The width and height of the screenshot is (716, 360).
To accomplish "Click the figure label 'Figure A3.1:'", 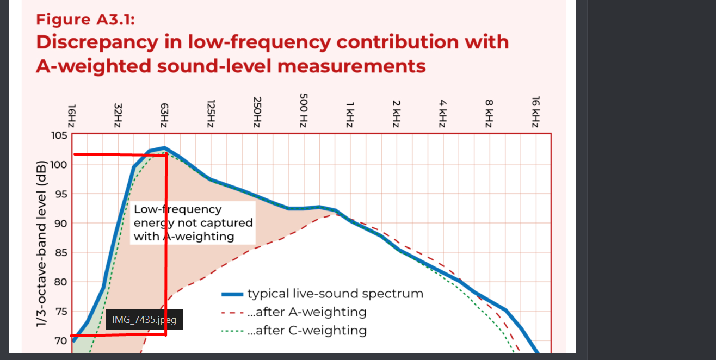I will [x=85, y=20].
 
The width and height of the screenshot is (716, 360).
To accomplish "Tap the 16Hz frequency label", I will [x=72, y=116].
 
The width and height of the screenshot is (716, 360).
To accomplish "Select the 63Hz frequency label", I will [x=164, y=116].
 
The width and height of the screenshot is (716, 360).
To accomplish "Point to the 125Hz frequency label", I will [x=211, y=113].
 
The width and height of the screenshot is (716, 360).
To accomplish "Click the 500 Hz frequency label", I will [x=304, y=111].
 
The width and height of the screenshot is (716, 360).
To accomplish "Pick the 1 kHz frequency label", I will [x=350, y=114].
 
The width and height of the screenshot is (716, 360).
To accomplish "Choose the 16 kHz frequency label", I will [x=535, y=112].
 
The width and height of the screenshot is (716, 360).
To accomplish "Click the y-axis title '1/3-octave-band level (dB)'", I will [x=41, y=244].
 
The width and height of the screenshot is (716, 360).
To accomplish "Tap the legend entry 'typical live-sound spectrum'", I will [x=335, y=294].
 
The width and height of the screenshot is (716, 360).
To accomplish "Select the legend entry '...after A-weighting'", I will [x=306, y=312].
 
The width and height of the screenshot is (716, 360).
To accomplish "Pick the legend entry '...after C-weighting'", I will [x=306, y=330].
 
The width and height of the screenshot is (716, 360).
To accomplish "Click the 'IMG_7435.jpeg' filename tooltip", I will [x=144, y=320].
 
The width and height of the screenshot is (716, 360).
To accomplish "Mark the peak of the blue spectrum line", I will [x=164, y=147].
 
